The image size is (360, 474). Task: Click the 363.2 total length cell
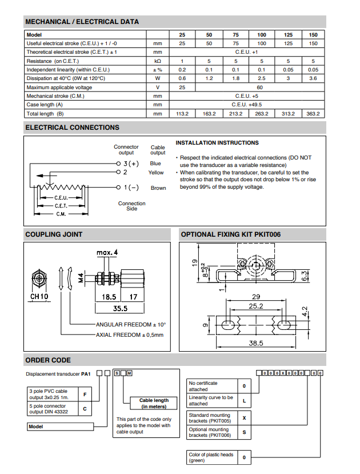(x=313, y=114)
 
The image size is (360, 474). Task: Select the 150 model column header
(x=313, y=35)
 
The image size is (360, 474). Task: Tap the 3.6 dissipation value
(x=313, y=78)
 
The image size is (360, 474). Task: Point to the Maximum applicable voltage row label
(x=59, y=87)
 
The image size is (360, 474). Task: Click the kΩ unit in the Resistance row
(x=157, y=61)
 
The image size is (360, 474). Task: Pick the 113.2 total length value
(x=182, y=114)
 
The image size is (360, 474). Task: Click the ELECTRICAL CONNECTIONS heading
(x=73, y=128)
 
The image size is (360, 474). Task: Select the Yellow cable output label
(x=156, y=173)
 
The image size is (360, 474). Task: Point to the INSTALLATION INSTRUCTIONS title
(x=217, y=143)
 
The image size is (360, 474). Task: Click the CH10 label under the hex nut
(x=39, y=297)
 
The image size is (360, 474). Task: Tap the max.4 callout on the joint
(x=107, y=252)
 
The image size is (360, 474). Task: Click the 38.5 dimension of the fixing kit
(x=255, y=343)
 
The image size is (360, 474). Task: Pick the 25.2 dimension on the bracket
(x=255, y=306)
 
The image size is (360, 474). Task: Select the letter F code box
(x=85, y=395)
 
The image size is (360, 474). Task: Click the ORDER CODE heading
(x=49, y=360)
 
